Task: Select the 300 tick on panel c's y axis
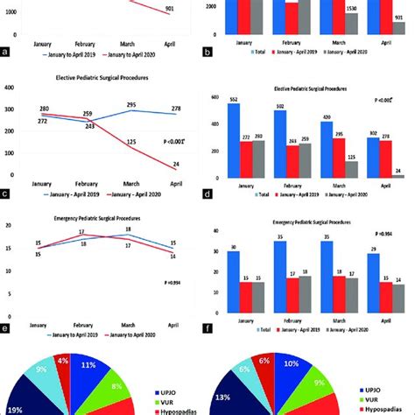pos(11,109)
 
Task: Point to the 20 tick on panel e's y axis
pos(11,226)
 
